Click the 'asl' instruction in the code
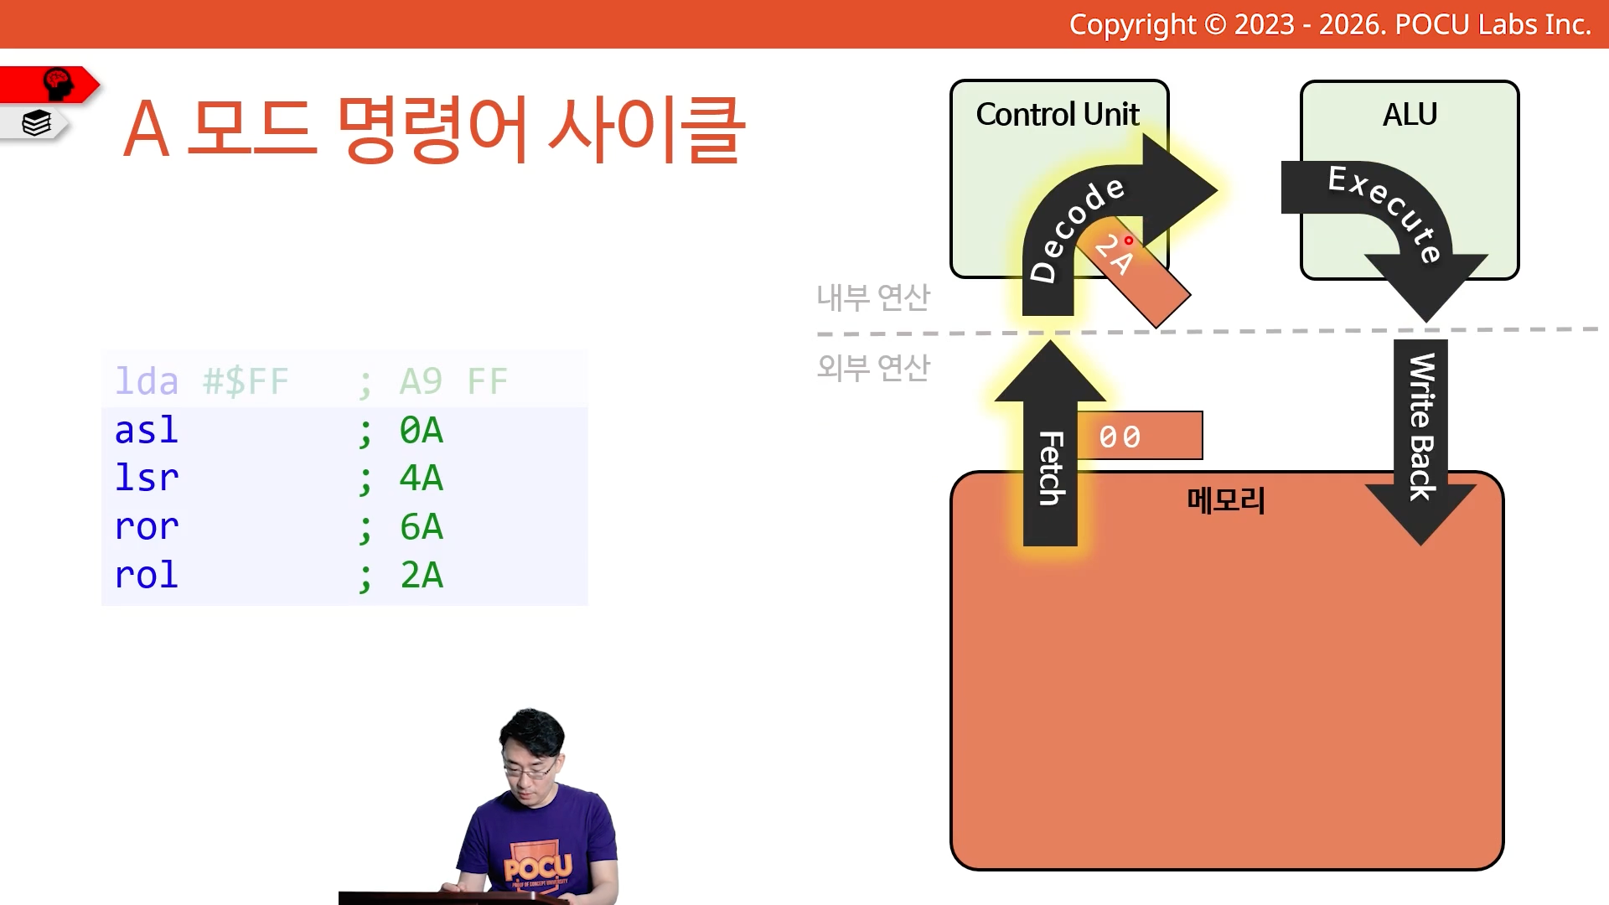click(147, 430)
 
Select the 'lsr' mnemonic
click(147, 478)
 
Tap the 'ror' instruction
click(147, 527)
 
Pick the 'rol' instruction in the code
click(147, 575)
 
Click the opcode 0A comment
click(422, 431)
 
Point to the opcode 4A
click(422, 478)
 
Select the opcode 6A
click(422, 527)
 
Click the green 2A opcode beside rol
click(422, 576)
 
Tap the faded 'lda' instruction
click(147, 381)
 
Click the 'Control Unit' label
click(1058, 114)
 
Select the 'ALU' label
click(1410, 114)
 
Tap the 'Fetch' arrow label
click(1051, 468)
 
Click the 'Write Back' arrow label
click(1421, 427)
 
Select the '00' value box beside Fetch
click(1140, 436)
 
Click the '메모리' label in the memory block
click(1226, 500)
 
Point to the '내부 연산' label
click(873, 297)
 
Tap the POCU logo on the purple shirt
click(538, 867)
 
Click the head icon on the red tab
click(57, 84)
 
